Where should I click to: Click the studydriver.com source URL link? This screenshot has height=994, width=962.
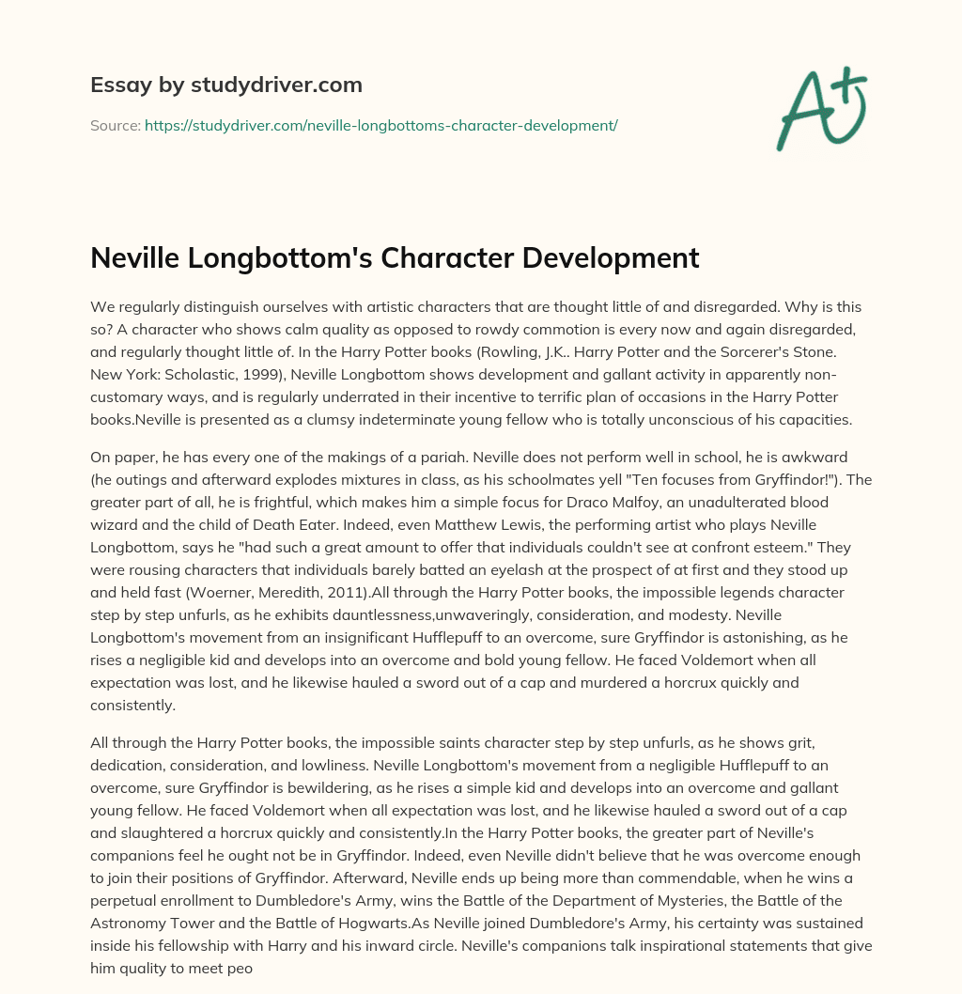pos(380,125)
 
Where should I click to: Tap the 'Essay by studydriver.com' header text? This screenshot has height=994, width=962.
pos(225,85)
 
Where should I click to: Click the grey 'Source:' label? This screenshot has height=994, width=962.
pos(115,125)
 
